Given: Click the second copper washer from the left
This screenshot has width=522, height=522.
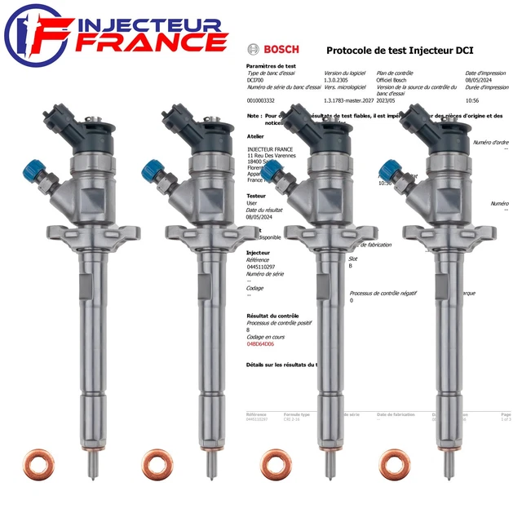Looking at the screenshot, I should [x=157, y=462].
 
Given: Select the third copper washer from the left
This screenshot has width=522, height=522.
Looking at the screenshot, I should [x=276, y=462].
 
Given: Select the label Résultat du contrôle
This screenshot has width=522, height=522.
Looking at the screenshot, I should [x=272, y=315].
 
